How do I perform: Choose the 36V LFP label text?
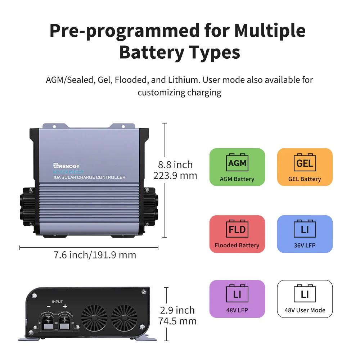click(x=305, y=246)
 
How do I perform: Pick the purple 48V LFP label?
click(x=237, y=310)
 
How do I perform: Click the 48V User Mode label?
click(x=305, y=310)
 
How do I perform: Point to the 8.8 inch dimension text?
click(x=175, y=165)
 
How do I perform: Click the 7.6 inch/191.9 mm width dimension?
click(x=95, y=255)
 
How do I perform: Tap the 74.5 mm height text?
click(x=177, y=321)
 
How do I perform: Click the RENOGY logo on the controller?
click(x=67, y=166)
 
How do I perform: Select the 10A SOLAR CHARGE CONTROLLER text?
click(x=89, y=177)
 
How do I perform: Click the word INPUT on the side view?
click(x=57, y=302)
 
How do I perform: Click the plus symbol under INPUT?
click(x=65, y=307)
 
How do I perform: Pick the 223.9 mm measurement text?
click(x=175, y=176)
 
